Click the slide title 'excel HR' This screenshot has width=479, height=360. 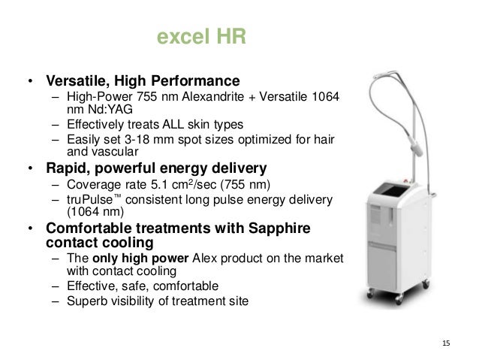pos(200,36)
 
